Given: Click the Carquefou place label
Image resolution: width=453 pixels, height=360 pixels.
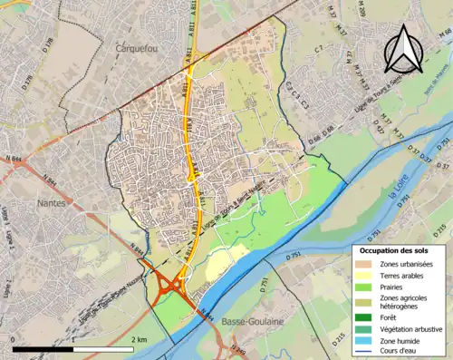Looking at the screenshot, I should (137, 47).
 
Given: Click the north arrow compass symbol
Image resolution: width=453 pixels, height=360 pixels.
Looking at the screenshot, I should (403, 50).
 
